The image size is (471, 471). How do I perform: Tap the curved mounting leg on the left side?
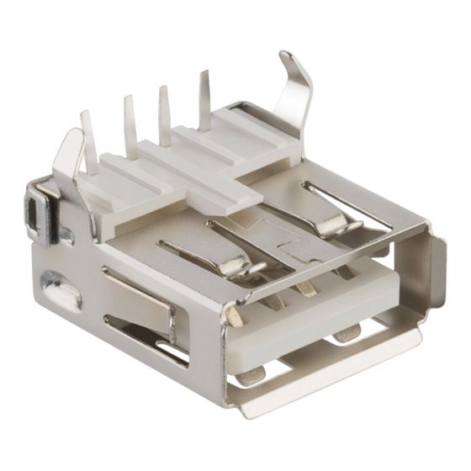click(67, 164)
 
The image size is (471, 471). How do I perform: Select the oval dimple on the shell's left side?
click(61, 289)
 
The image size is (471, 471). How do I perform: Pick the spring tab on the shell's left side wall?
click(139, 294)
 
